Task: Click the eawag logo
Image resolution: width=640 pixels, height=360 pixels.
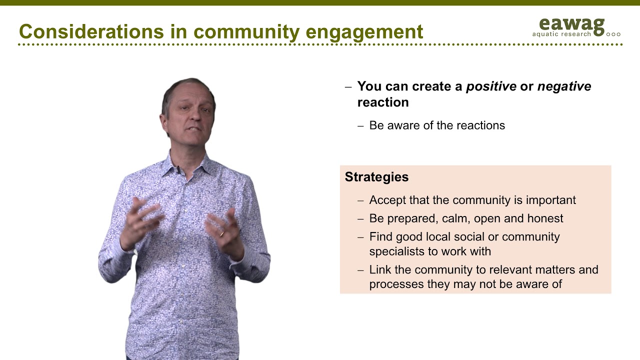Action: click(571, 24)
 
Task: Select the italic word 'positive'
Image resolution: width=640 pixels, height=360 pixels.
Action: click(491, 86)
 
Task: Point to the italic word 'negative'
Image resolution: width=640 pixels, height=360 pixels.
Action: click(564, 86)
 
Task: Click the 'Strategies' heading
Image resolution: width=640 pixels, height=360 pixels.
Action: click(376, 177)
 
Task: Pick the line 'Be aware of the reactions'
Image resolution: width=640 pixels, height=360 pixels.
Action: click(436, 125)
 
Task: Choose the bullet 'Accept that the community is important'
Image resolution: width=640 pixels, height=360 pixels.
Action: click(472, 200)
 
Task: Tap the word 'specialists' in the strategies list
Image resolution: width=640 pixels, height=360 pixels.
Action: click(397, 251)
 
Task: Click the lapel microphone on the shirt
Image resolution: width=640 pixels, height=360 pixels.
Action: click(177, 170)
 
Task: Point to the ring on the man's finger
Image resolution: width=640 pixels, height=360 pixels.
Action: click(221, 233)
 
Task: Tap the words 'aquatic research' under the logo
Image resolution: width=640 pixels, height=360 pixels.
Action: click(561, 34)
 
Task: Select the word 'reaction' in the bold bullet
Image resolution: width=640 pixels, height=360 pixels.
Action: click(383, 102)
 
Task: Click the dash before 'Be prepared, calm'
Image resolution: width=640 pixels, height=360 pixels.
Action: click(360, 219)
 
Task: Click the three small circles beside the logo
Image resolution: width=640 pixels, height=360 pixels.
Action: click(613, 34)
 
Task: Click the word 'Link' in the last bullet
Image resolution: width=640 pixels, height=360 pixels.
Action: click(379, 270)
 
